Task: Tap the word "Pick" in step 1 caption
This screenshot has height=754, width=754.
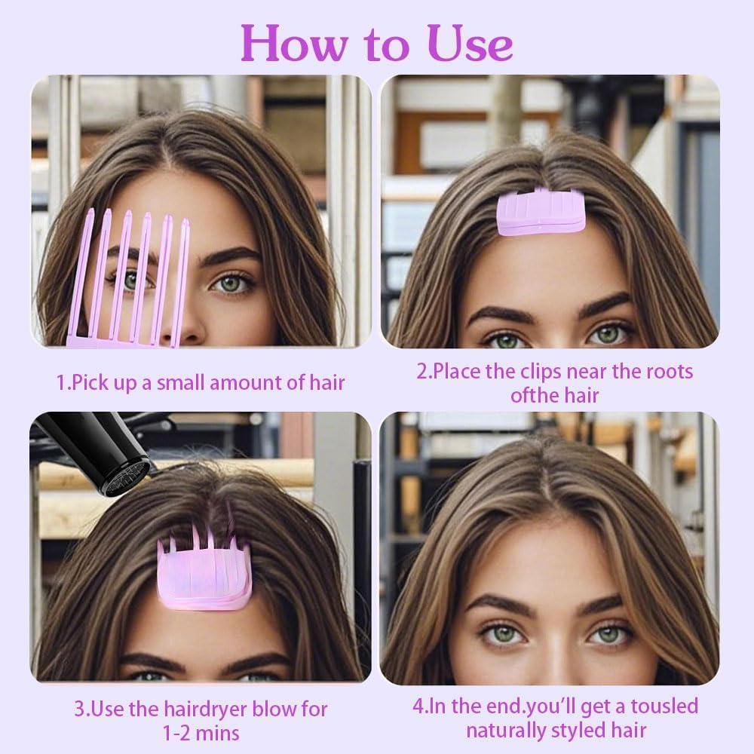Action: (89, 382)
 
